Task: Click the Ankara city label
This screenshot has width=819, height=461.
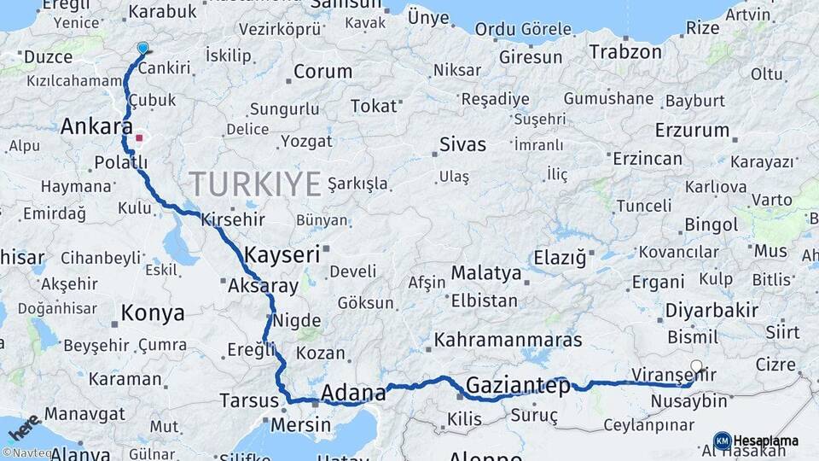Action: pos(96,127)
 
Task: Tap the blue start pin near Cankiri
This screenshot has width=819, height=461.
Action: pos(142,50)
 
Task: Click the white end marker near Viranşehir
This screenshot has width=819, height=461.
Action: pos(697,367)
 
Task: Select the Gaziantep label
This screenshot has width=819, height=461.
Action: pos(518,386)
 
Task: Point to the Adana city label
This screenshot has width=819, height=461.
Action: pos(353,394)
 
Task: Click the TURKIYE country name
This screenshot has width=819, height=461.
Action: pos(255,184)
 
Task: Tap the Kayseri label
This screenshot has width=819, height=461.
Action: pos(282,254)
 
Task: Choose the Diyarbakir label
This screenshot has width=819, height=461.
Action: pos(712,310)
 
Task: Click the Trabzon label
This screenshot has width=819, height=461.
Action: pos(625,51)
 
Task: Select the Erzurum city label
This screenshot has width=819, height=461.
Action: pos(692,131)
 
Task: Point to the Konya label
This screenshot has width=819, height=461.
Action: pos(153,312)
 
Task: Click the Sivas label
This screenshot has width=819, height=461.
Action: pos(462,144)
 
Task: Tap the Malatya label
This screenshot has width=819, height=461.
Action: pos(485,274)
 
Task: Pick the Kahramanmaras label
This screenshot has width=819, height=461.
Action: pos(508,339)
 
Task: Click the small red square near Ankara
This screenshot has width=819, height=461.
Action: pos(139,137)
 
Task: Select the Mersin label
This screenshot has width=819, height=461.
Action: pos(299,424)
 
